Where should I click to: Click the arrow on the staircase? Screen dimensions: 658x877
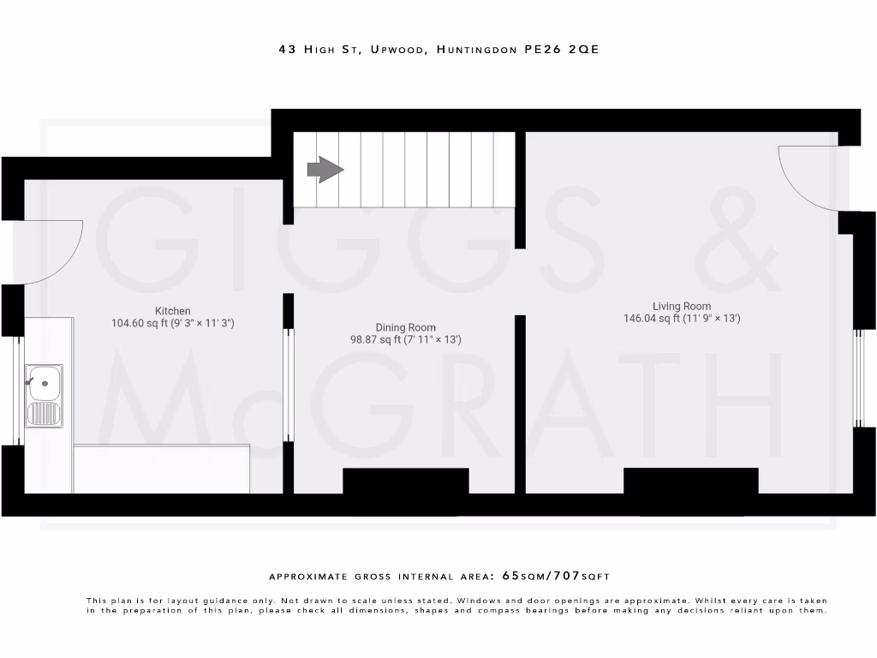325,169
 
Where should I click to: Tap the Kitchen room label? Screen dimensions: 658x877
173,310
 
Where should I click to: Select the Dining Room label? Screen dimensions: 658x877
405,327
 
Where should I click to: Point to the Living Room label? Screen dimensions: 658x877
682,306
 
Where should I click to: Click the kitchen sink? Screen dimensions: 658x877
44,394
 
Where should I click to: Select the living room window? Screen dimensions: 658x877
858,377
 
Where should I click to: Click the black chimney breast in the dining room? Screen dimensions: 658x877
405,481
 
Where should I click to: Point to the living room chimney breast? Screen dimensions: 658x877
690,481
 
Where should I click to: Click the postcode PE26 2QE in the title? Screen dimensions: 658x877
562,50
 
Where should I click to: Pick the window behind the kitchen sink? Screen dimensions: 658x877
15,390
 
